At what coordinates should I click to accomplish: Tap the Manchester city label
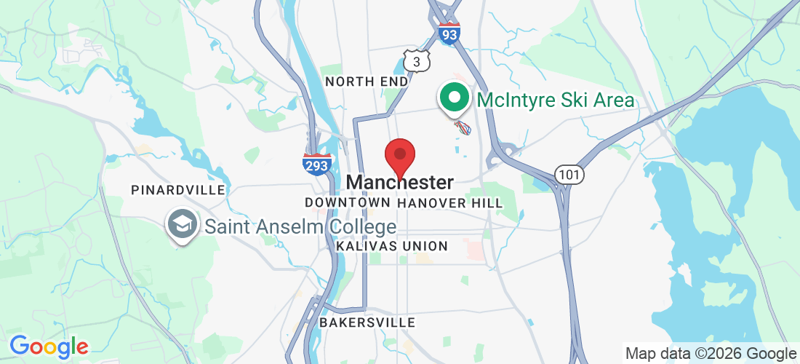coord(401,182)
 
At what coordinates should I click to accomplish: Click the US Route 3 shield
coord(416,62)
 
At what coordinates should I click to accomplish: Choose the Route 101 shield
coord(568,175)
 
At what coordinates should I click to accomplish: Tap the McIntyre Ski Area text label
coord(556,100)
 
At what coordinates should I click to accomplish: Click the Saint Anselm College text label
coord(300,226)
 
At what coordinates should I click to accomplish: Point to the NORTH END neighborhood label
coord(367,82)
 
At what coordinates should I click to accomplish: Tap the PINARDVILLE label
coord(178,190)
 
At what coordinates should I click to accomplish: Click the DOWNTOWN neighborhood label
coord(348,202)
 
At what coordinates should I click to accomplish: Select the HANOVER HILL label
coord(450,203)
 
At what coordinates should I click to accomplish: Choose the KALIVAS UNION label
coord(392,246)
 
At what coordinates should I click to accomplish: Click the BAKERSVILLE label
coord(367,322)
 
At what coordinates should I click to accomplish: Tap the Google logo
coord(49,347)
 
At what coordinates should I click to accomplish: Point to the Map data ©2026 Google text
coord(711,354)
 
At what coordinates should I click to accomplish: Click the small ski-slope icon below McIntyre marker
coord(463,128)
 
